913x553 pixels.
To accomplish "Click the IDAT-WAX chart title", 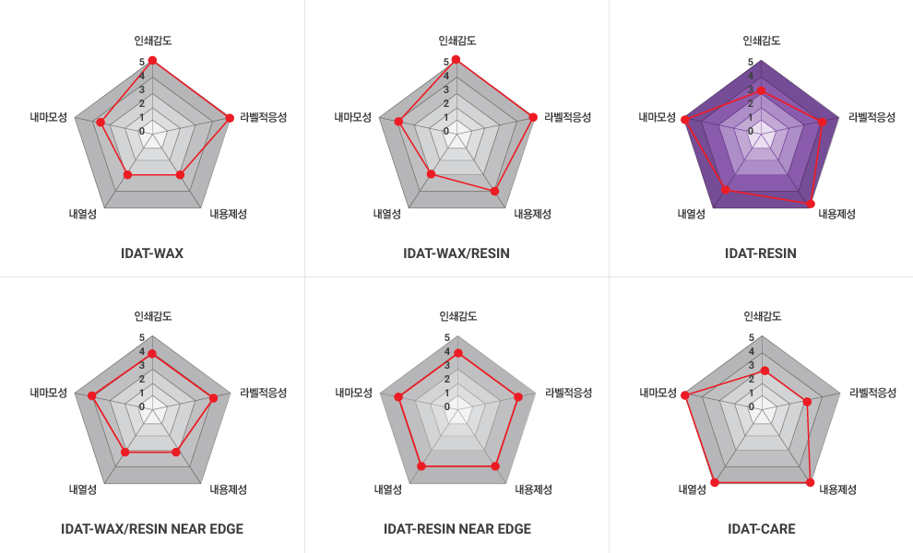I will [x=152, y=253].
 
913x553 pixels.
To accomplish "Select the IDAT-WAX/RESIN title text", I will [x=456, y=253].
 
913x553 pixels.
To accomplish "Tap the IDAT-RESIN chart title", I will [x=761, y=253].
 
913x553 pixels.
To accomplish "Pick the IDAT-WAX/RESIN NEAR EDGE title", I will [x=152, y=529].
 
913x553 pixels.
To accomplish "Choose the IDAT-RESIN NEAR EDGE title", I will [x=457, y=529].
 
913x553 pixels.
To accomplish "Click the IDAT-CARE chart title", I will [x=762, y=529].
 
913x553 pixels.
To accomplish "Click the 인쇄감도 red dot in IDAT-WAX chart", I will [x=152, y=61].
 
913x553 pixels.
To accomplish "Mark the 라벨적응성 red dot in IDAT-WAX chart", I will [x=229, y=117].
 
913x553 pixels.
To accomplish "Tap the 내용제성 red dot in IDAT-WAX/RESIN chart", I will [x=495, y=192].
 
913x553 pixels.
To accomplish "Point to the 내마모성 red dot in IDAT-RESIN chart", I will [x=684, y=120].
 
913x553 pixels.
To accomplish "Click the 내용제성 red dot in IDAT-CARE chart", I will [x=811, y=482].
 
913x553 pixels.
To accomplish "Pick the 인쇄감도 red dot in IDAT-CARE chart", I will [x=764, y=371].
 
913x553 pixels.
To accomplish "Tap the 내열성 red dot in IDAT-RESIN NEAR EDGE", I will [x=421, y=466].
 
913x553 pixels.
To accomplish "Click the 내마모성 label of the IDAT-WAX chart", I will [x=48, y=117].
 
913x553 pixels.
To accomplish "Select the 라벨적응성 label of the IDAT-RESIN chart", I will [x=872, y=117].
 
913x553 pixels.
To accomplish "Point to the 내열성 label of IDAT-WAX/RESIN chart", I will [x=387, y=214].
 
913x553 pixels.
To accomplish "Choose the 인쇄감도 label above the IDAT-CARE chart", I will [x=763, y=316].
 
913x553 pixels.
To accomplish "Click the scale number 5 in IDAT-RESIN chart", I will [x=751, y=63].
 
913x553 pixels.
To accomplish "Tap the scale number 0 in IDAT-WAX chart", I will [x=142, y=132].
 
